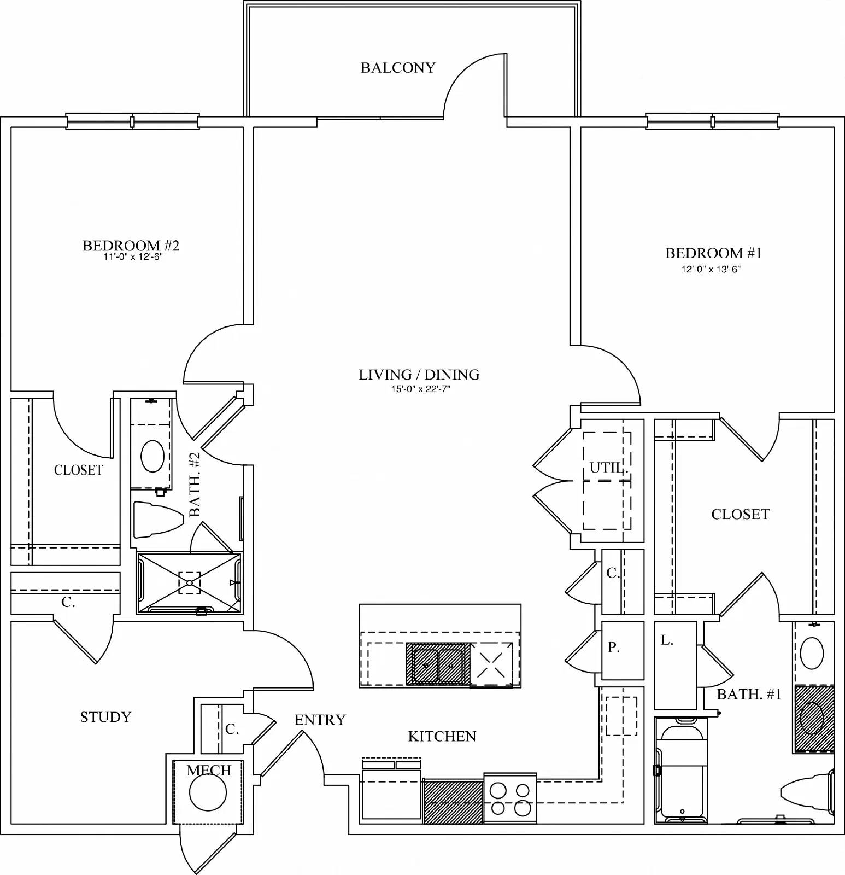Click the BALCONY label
398,68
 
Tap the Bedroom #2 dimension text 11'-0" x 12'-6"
133,257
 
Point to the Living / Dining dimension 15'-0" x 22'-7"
419,389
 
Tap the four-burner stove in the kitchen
510,798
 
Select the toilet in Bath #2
157,519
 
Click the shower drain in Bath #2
189,583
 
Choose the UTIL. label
609,468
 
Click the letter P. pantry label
614,647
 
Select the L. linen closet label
667,640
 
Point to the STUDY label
105,717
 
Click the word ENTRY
320,720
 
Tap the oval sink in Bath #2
152,456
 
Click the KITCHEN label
442,736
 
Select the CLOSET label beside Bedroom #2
79,470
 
